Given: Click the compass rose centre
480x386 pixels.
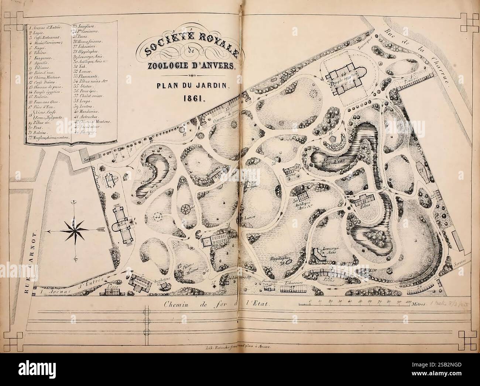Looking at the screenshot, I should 75,229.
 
